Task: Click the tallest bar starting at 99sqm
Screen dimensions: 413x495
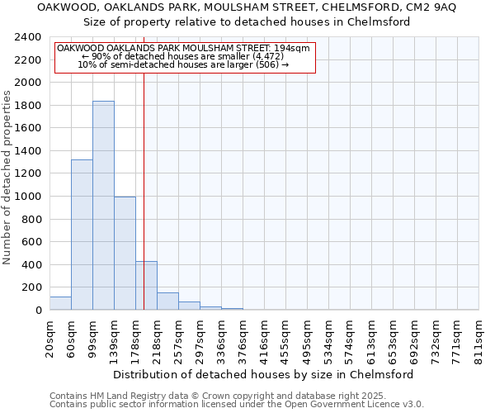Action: tap(103, 206)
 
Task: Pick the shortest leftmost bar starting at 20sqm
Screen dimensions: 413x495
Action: tap(60, 303)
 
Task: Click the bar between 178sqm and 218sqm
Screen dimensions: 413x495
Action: tap(146, 286)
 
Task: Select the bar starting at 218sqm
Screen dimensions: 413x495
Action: tap(167, 301)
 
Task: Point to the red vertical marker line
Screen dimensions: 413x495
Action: tap(144, 182)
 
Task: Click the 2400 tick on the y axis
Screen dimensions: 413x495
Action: tap(28, 38)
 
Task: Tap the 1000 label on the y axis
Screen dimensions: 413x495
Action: tap(28, 197)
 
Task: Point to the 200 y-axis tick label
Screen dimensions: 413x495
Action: tap(31, 287)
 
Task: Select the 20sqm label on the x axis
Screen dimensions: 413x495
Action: tap(49, 337)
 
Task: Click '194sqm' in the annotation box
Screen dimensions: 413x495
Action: tap(294, 49)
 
